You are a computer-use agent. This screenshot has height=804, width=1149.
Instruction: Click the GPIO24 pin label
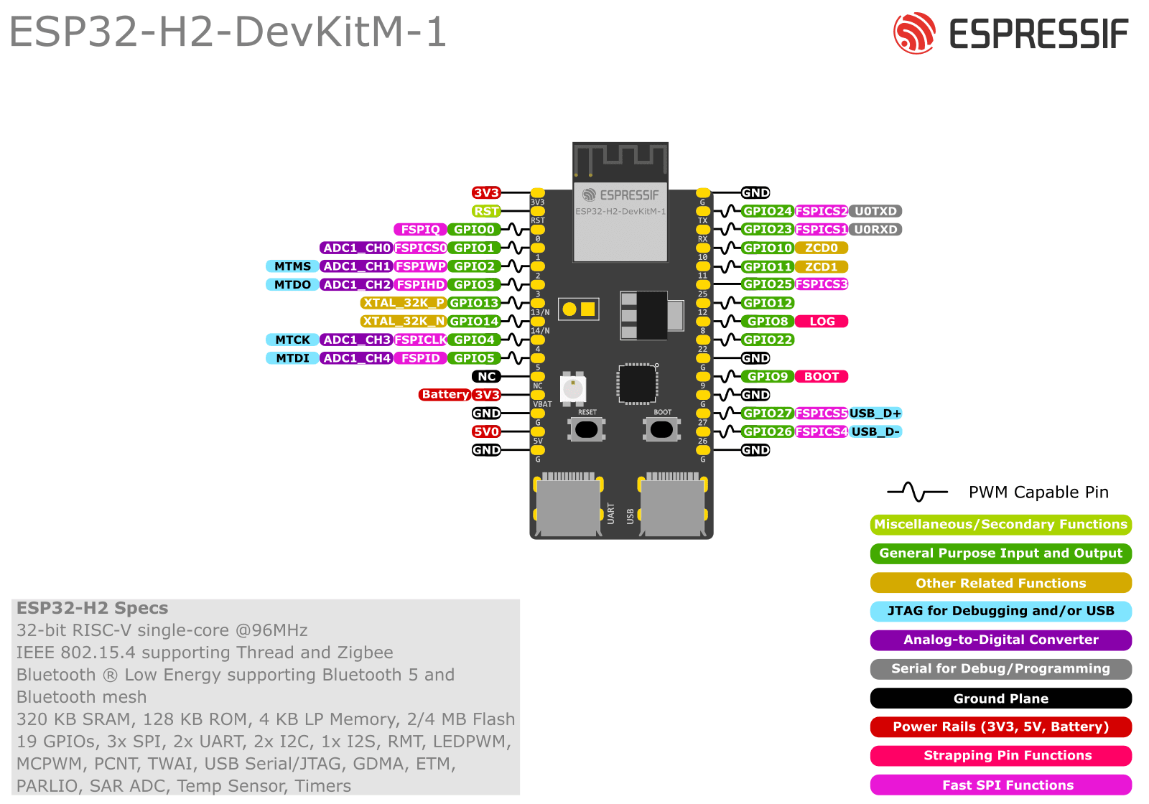coord(767,211)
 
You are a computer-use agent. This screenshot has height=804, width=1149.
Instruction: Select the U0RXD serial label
coord(875,230)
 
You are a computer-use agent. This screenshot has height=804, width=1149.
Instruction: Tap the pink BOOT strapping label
coord(822,376)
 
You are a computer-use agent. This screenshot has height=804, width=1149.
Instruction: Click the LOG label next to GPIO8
coord(822,322)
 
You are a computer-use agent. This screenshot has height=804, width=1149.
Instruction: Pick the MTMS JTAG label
coord(292,266)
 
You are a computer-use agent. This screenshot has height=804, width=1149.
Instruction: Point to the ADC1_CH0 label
coord(356,248)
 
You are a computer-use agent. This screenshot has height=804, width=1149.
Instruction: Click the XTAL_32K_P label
coord(403,303)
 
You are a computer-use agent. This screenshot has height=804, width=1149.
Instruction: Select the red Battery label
coord(445,395)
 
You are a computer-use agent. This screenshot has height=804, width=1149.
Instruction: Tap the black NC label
coord(486,376)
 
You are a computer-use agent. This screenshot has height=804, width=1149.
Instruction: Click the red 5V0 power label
coord(486,431)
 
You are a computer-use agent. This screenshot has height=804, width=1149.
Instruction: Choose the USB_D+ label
coord(875,413)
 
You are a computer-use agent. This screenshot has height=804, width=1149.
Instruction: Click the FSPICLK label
coord(420,340)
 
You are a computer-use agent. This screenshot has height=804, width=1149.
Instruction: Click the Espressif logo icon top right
coord(914,33)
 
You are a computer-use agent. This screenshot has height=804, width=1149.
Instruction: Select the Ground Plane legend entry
coord(1000,698)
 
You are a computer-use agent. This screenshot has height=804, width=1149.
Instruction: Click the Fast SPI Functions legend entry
coord(1000,785)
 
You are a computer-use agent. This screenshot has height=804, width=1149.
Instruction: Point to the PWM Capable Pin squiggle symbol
coord(917,492)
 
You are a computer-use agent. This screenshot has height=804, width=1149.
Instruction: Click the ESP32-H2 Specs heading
coord(93,608)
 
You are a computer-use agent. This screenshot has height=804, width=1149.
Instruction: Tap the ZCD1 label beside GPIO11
coord(821,266)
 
